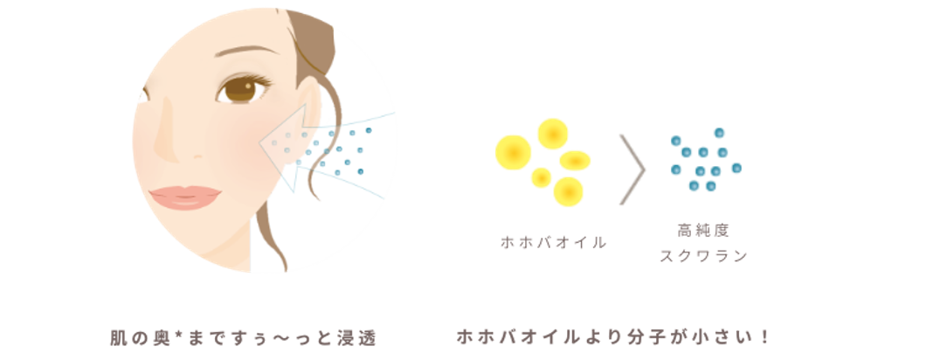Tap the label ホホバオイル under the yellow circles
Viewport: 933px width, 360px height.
click(x=553, y=243)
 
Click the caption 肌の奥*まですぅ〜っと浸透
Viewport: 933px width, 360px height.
click(x=243, y=336)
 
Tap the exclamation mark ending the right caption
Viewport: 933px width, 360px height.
click(x=763, y=336)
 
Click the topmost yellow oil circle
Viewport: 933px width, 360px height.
click(x=552, y=133)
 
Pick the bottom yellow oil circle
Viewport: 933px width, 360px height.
click(x=569, y=190)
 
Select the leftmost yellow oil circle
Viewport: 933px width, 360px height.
click(x=513, y=151)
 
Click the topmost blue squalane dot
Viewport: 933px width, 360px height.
click(x=719, y=133)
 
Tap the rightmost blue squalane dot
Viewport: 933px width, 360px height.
click(x=736, y=167)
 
